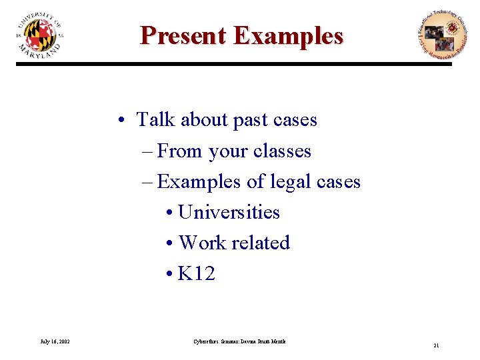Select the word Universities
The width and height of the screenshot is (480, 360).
(229, 212)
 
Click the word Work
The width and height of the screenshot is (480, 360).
(203, 243)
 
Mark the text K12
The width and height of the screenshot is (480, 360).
(197, 273)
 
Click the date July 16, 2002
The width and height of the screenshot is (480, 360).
(55, 342)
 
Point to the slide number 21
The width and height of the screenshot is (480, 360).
(436, 345)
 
